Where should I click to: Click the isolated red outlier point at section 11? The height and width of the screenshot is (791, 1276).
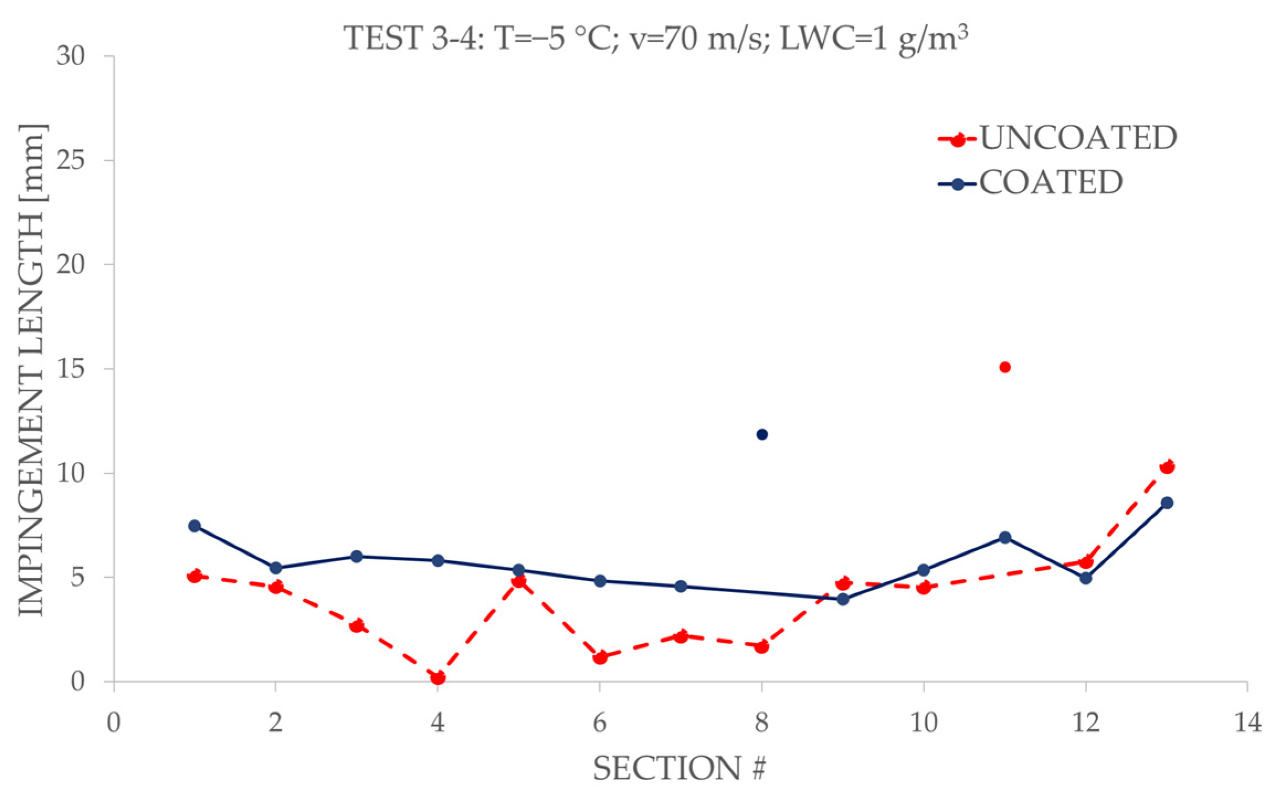pyautogui.click(x=1004, y=367)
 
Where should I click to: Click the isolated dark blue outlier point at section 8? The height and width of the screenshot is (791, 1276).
pyautogui.click(x=762, y=434)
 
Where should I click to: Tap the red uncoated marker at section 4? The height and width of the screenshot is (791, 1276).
pyautogui.click(x=438, y=677)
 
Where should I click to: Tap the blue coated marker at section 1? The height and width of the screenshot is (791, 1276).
pyautogui.click(x=194, y=526)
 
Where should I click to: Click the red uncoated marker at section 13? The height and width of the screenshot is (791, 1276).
pyautogui.click(x=1167, y=467)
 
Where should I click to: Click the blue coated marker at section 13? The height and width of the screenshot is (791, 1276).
pyautogui.click(x=1167, y=503)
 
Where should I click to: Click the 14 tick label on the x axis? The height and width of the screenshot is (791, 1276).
pyautogui.click(x=1247, y=722)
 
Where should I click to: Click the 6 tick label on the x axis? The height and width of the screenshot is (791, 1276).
pyautogui.click(x=600, y=722)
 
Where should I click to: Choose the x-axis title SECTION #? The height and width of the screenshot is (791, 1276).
pyautogui.click(x=680, y=768)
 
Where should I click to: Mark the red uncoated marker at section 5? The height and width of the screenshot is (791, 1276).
pyautogui.click(x=519, y=581)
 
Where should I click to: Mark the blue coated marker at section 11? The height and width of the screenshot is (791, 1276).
pyautogui.click(x=1004, y=537)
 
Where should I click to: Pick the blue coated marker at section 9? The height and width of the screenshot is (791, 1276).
pyautogui.click(x=843, y=599)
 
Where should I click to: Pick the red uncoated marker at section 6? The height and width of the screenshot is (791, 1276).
pyautogui.click(x=600, y=657)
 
